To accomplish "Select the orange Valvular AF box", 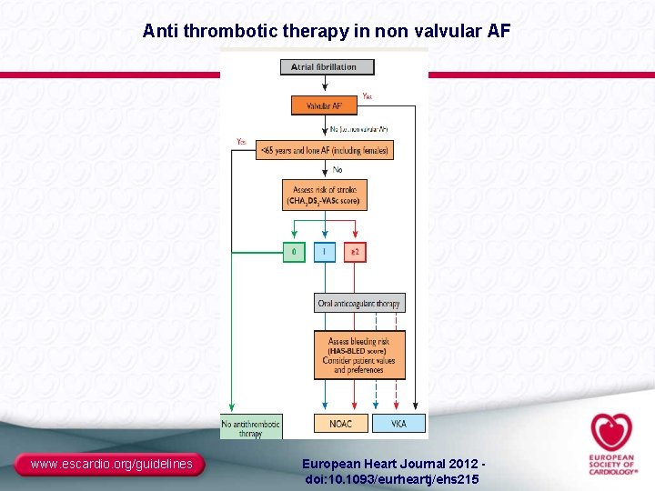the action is point(324,105).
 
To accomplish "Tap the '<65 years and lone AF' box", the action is point(325,150).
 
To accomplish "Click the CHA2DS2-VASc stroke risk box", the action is point(325,195).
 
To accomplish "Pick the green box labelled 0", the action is point(294,252).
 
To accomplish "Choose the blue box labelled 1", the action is point(325,252).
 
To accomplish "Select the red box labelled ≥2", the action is point(355,252).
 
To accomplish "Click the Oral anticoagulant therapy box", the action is point(359,304).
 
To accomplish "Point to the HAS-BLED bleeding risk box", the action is point(359,355).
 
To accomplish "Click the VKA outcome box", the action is point(398,423).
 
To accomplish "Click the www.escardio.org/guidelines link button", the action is point(112,465).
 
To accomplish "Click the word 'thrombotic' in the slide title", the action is point(227,31).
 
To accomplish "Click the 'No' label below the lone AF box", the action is point(338,169).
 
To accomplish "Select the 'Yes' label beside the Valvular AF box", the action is point(367,95).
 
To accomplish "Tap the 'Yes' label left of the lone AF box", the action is point(240,141).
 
